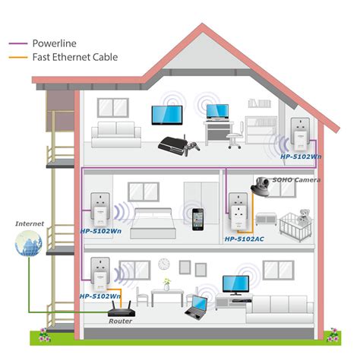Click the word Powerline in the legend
53,43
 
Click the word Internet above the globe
30,224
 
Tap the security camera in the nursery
264,184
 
